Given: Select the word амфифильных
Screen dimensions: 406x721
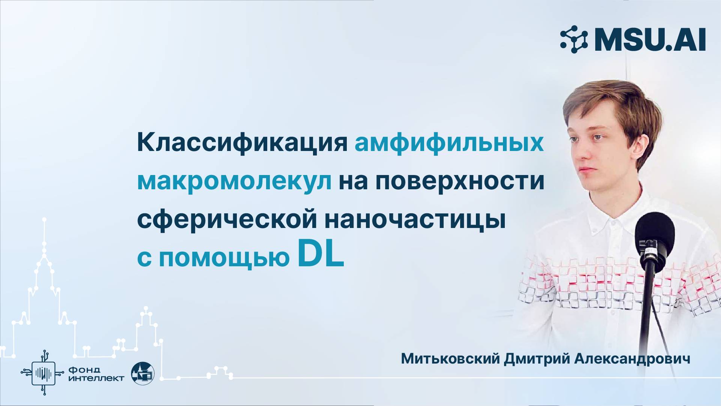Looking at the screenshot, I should [x=449, y=143].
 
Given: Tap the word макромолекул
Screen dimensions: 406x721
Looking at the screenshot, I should [x=234, y=181].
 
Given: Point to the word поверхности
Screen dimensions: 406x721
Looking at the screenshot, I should [x=460, y=181].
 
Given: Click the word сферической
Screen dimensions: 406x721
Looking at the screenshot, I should [x=227, y=220].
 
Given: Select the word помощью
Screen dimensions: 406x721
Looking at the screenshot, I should [x=224, y=258].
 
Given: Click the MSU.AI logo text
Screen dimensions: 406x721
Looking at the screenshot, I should [x=650, y=40].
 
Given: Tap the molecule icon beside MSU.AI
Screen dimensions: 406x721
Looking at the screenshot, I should [x=574, y=39].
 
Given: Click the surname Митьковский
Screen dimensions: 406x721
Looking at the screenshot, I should [x=450, y=359].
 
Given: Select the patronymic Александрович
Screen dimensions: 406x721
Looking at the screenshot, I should [x=632, y=359].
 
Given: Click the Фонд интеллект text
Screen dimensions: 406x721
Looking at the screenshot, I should [x=96, y=374].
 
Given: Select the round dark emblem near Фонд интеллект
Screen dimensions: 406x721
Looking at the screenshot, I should [x=143, y=373].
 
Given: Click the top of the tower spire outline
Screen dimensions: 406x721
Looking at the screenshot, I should [x=44, y=219].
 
